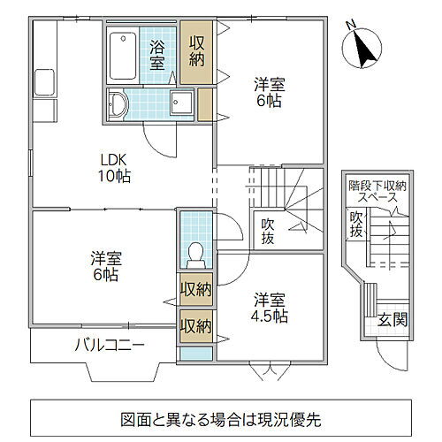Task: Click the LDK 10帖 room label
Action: click(115, 168)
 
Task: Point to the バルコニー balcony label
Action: click(109, 345)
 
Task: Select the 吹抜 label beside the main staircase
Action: click(268, 232)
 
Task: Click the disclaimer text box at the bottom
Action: click(220, 417)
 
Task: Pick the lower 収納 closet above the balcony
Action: click(195, 325)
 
